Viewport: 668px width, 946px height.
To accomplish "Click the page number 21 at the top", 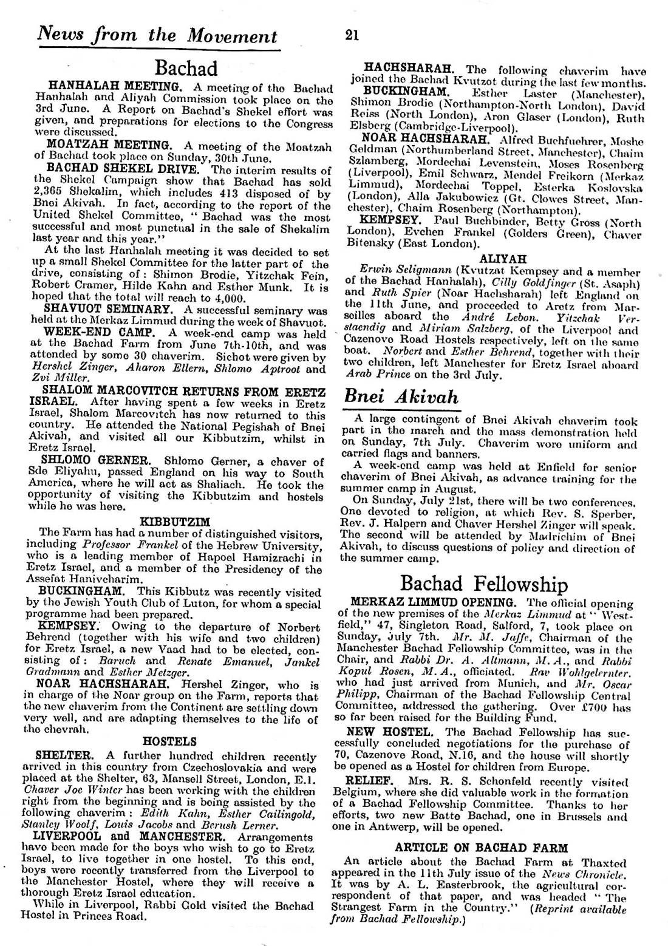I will click(x=352, y=35).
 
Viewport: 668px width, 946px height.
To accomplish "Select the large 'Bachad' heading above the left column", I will click(x=186, y=67).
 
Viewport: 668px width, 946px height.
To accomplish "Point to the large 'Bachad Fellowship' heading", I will click(x=484, y=584).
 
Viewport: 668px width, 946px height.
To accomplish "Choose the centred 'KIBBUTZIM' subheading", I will click(x=175, y=522).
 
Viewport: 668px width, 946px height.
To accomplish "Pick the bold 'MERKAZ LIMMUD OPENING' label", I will click(x=433, y=603).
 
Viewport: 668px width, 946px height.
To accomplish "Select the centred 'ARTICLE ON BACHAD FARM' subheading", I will click(x=481, y=848).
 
